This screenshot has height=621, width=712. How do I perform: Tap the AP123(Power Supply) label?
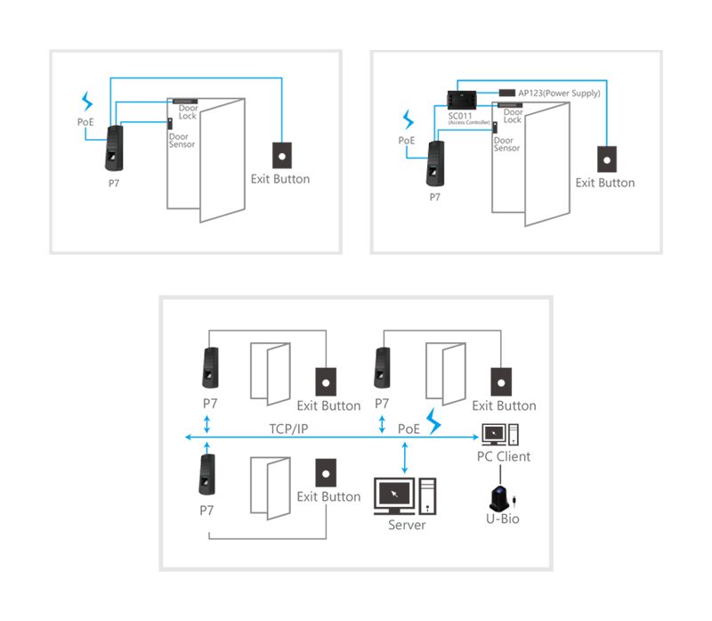[559, 93]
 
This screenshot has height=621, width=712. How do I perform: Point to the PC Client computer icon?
[499, 435]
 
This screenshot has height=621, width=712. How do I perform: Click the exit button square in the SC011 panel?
[605, 159]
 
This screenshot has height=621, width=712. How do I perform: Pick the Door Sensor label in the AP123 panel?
[506, 144]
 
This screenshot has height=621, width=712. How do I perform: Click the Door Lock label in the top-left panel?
[187, 112]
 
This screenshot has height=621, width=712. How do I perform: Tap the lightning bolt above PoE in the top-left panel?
[86, 100]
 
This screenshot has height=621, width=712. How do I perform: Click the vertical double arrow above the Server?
[407, 456]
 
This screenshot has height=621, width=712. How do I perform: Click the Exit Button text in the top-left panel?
[280, 179]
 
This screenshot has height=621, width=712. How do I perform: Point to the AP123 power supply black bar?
[506, 93]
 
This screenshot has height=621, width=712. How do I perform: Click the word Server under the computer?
[407, 525]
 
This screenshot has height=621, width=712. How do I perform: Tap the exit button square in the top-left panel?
[281, 154]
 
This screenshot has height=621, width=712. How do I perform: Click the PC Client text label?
[503, 456]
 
